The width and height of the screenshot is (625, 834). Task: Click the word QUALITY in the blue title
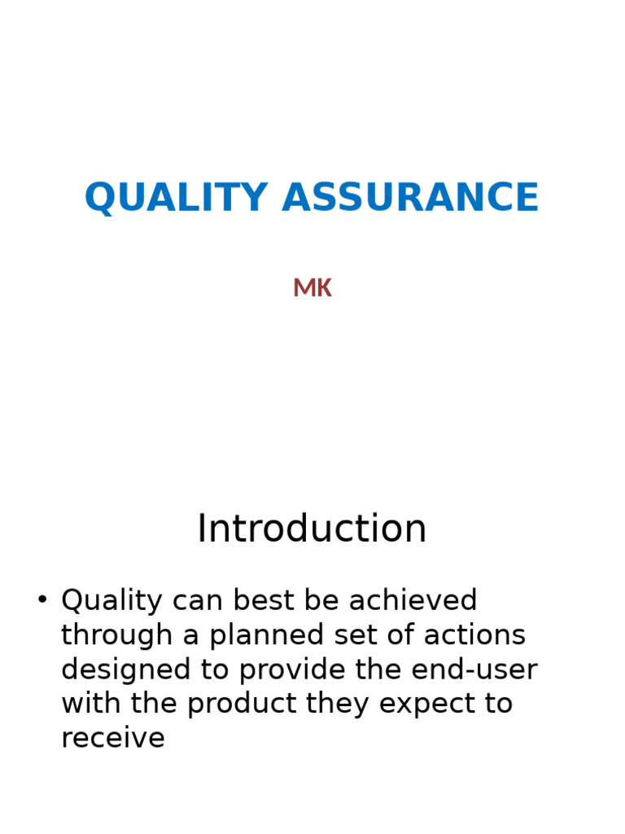click(x=176, y=198)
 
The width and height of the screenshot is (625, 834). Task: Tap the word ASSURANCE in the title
click(x=410, y=198)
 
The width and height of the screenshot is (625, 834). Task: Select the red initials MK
click(x=312, y=288)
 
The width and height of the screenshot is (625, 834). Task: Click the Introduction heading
click(x=312, y=529)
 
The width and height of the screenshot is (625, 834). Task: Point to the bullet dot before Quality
click(x=42, y=600)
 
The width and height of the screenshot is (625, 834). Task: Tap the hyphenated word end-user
click(x=474, y=670)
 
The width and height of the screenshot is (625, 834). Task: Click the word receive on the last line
click(x=113, y=739)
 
